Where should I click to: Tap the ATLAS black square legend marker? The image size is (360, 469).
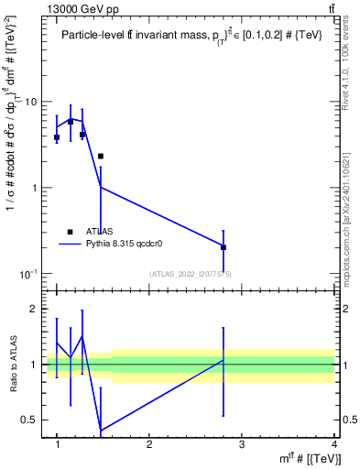click(71, 232)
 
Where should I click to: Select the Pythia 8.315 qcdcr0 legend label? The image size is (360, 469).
click(128, 245)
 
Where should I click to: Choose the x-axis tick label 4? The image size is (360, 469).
click(333, 445)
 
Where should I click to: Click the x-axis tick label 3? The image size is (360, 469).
click(241, 445)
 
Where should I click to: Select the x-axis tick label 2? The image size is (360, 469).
click(149, 445)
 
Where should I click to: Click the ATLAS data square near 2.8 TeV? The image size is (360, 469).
click(224, 247)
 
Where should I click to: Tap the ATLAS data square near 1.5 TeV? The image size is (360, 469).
click(101, 157)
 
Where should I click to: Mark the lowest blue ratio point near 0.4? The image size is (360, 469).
click(101, 431)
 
